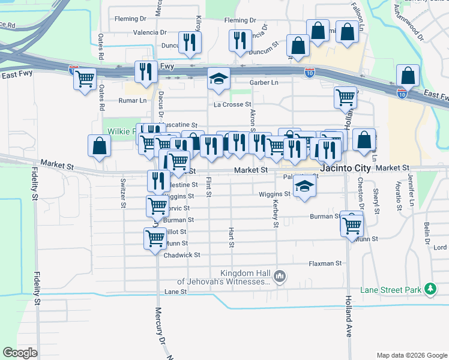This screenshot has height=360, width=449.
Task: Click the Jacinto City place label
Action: coord(346,169)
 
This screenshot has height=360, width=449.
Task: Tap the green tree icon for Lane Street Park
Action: coord(430,289)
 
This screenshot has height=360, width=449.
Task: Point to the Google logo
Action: coord(20,352)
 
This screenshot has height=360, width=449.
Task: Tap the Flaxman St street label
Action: coord(325,263)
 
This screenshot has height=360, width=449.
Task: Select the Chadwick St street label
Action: coord(181,255)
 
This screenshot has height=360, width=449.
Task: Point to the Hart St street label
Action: coord(231,237)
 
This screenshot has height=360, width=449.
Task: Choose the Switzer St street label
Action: coord(123,193)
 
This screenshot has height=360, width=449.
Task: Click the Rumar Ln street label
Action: coord(132,101)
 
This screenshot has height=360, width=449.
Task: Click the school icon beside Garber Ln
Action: coord(218,79)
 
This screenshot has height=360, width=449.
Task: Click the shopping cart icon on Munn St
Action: coord(155,238)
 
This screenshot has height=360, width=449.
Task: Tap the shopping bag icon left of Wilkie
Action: coord(99,146)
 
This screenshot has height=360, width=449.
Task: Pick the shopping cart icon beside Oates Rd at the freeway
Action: coord(85,78)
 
